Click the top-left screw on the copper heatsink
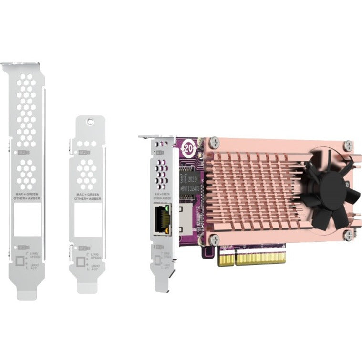(x=215, y=141)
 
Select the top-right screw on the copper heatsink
(x=349, y=144)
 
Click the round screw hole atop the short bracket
(x=88, y=123)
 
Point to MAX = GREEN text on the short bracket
(x=88, y=194)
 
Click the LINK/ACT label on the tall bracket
(x=34, y=266)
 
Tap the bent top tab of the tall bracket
(x=19, y=64)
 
